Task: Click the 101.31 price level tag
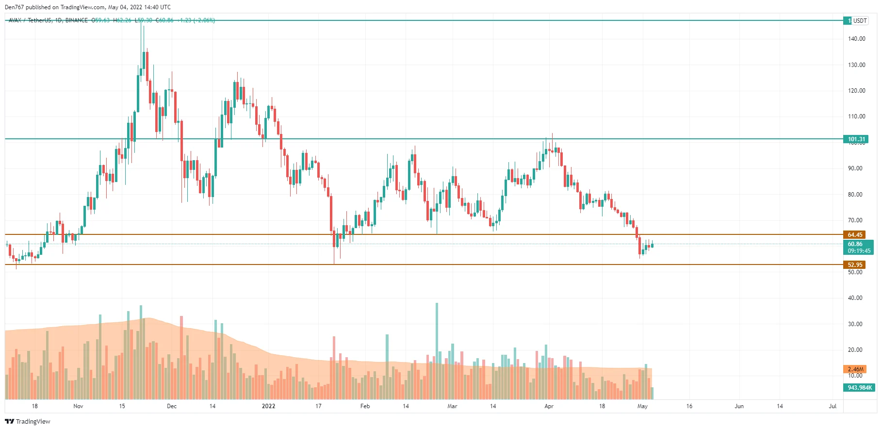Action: coord(856,139)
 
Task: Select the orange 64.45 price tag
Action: coord(855,235)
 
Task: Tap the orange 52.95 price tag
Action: coord(855,265)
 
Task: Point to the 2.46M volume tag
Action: coord(855,369)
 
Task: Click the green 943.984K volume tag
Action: coord(859,388)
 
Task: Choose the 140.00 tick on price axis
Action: coord(856,39)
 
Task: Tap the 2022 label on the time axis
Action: coord(268,406)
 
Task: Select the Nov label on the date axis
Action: coord(78,406)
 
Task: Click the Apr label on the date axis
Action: coord(549,406)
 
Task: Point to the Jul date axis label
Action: coord(832,406)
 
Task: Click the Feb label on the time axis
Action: coord(365,406)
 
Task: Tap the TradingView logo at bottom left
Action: coord(28,421)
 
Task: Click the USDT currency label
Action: coord(860,20)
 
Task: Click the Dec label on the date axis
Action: coord(172,406)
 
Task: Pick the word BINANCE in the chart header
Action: coord(77,20)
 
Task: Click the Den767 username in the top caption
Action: coord(14,7)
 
